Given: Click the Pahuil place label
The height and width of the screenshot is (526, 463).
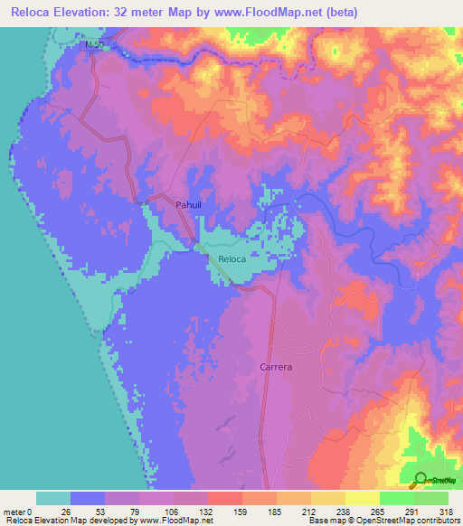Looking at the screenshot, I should click(x=189, y=206).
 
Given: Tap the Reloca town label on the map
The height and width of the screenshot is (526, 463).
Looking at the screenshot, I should click(x=231, y=260).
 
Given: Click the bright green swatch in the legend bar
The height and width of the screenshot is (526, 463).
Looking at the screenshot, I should click(x=396, y=498).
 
